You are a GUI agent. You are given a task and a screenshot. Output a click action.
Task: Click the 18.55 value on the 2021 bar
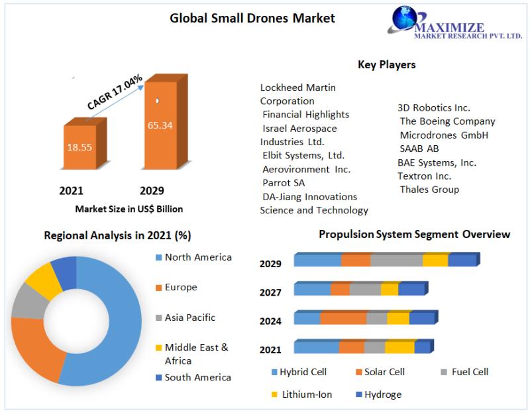pyautogui.click(x=79, y=147)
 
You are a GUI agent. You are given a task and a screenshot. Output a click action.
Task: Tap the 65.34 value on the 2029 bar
pyautogui.click(x=160, y=125)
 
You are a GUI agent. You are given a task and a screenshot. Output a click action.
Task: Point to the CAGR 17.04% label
pyautogui.click(x=115, y=92)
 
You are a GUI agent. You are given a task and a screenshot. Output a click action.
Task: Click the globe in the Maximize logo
pyautogui.click(x=404, y=18)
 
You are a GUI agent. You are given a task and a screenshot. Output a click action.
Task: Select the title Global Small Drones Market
pyautogui.click(x=252, y=18)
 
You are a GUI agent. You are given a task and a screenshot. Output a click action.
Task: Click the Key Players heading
pyautogui.click(x=387, y=64)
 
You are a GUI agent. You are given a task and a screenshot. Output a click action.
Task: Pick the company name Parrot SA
pyautogui.click(x=284, y=183)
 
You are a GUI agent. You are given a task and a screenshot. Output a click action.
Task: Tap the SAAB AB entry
pyautogui.click(x=419, y=148)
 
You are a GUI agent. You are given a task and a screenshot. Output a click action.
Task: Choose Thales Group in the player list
pyautogui.click(x=429, y=190)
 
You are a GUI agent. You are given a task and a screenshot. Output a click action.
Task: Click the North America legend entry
pyautogui.click(x=193, y=257)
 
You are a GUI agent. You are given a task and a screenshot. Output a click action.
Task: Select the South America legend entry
pyautogui.click(x=193, y=377)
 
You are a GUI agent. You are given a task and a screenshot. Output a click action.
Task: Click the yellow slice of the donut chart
pyautogui.click(x=43, y=280)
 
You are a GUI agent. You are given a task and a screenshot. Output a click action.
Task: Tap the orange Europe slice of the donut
pyautogui.click(x=37, y=349)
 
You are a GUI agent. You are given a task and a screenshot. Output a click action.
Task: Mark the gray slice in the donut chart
pyautogui.click(x=28, y=302)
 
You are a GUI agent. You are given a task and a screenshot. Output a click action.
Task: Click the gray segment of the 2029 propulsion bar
pyautogui.click(x=396, y=260)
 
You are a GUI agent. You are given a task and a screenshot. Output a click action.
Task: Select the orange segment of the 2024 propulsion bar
pyautogui.click(x=343, y=318)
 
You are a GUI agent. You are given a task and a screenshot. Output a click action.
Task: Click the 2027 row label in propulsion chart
pyautogui.click(x=270, y=292)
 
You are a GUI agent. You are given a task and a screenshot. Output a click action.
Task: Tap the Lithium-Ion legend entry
pyautogui.click(x=302, y=394)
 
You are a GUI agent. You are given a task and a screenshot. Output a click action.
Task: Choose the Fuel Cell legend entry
pyautogui.click(x=465, y=372)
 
